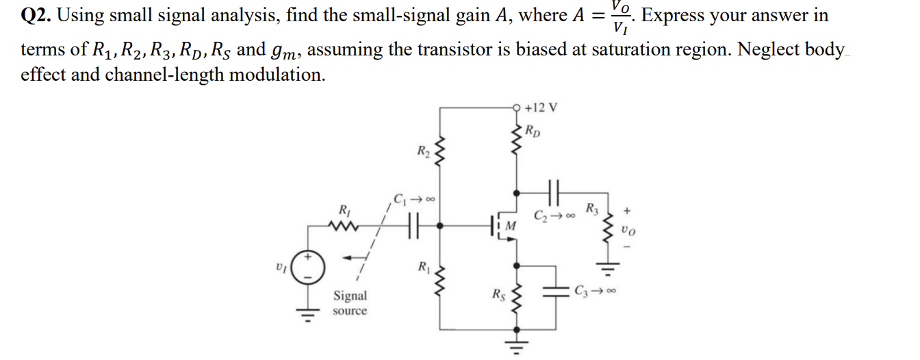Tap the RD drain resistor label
click(533, 131)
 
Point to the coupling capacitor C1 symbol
click(411, 224)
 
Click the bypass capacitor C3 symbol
click(554, 290)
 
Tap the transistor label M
click(511, 226)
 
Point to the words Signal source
click(350, 303)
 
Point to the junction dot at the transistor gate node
click(440, 224)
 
